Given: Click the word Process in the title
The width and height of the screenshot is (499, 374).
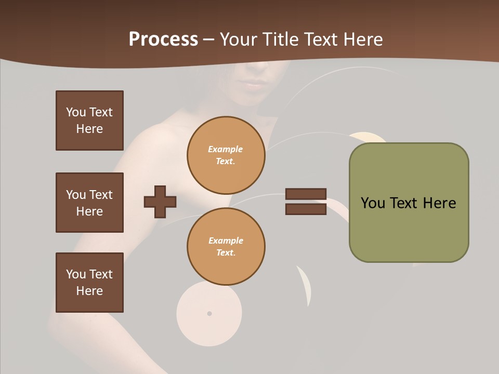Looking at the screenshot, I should point(163,39).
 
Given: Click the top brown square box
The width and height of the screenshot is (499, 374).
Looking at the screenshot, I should point(89,121).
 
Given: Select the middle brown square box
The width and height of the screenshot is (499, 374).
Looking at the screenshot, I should point(89,203).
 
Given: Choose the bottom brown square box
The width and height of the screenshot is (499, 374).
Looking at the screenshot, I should point(89,283).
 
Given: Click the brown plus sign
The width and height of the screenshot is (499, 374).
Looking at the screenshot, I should point(160,202).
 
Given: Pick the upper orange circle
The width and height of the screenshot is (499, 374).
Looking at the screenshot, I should point(226,155).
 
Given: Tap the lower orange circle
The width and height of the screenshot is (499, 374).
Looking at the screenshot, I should point(226,247).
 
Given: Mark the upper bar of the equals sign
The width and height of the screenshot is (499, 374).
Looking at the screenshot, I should point(306,194).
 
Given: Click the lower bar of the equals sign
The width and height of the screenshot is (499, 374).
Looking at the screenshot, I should point(306,209).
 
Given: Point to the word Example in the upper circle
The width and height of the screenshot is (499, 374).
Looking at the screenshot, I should point(226,149).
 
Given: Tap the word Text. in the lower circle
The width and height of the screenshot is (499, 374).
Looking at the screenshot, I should point(226,253).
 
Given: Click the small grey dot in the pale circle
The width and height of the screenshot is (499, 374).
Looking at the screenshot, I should point(209,314).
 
